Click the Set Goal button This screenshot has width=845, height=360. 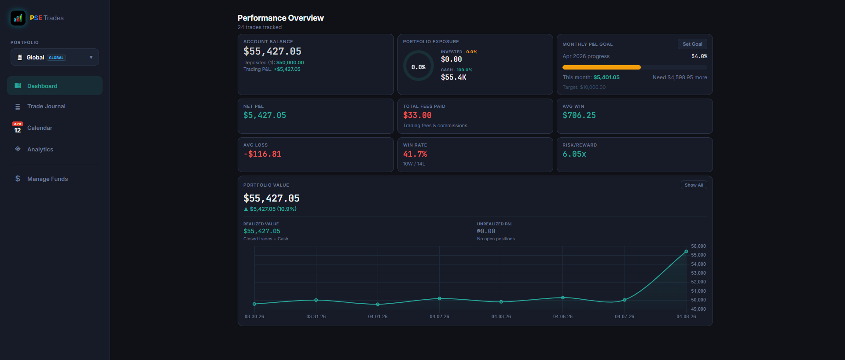coord(692,44)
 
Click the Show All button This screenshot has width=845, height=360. coord(694,185)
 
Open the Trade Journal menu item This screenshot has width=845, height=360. coord(46,107)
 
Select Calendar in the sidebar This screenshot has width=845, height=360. coord(40,128)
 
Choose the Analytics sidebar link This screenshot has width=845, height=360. coord(40,150)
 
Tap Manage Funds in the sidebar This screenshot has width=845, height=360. coord(47,179)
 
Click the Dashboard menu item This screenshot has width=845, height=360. coord(42,86)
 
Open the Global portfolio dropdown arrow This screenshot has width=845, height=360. coord(91,57)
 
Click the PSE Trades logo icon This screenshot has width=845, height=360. coord(18,18)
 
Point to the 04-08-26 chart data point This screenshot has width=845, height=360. coord(686,252)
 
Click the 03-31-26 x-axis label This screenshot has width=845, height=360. coord(316,317)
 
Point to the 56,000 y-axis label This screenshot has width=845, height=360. coord(698,246)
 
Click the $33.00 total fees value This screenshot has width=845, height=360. coord(417,115)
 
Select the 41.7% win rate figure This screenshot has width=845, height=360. coord(415,154)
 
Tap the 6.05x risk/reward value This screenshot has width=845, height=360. coord(574,154)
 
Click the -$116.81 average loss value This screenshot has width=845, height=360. coord(262,154)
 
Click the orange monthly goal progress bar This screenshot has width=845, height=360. coord(601,67)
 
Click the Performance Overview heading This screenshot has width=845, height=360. coord(280,18)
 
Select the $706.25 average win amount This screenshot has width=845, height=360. coord(579,115)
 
